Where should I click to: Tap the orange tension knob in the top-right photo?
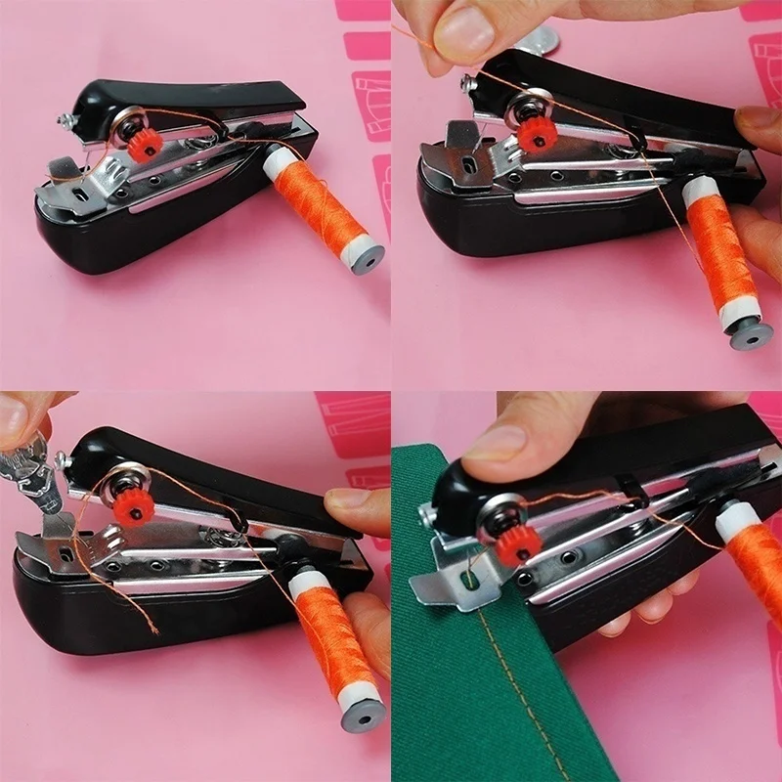[x=533, y=136]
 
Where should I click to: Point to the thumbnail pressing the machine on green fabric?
[x=494, y=442]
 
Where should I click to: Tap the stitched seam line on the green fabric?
[x=509, y=684]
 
